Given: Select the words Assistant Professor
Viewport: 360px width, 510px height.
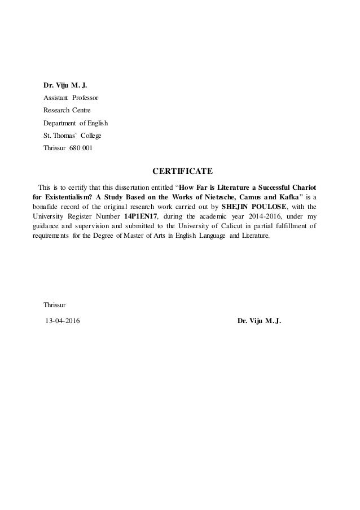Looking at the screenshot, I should [x=71, y=98].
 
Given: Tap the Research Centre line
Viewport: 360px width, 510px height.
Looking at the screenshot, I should [x=67, y=110].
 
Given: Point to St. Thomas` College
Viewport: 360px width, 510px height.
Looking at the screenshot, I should [x=73, y=136].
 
